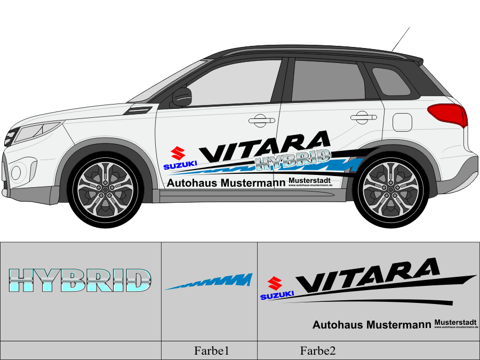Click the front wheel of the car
105,187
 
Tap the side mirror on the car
181,97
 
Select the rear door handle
363,117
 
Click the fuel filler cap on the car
402,122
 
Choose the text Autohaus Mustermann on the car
226,183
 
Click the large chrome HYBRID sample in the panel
80,281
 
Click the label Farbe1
211,351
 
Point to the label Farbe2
318,351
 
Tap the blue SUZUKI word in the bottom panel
277,294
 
